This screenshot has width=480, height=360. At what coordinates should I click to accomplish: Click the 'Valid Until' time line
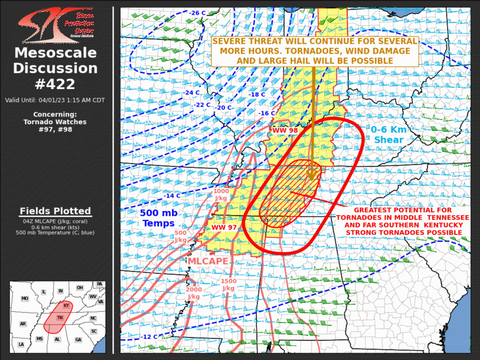(x=55, y=100)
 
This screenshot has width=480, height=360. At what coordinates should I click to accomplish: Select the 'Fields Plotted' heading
(x=55, y=211)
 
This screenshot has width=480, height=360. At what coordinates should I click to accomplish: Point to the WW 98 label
(x=284, y=130)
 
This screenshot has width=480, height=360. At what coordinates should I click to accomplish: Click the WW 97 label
(x=224, y=227)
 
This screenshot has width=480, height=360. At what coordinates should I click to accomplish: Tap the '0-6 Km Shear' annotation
(x=388, y=134)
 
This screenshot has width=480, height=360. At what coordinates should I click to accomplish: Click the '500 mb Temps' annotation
(x=157, y=218)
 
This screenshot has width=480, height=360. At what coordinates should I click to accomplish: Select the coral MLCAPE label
(x=208, y=260)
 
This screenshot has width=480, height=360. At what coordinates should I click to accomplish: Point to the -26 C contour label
(x=197, y=12)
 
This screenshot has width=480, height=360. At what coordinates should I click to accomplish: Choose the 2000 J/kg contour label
(x=193, y=293)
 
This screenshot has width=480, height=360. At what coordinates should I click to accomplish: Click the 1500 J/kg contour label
(x=229, y=285)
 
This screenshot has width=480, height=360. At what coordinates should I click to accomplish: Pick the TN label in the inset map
(x=59, y=318)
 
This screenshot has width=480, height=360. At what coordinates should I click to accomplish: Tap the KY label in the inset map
(x=67, y=306)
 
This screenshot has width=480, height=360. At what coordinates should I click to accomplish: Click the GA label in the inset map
(x=78, y=339)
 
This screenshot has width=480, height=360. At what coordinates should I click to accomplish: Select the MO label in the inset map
(x=25, y=299)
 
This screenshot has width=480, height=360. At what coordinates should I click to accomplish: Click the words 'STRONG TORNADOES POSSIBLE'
(x=403, y=233)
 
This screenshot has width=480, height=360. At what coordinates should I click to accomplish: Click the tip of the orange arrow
(x=310, y=179)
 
